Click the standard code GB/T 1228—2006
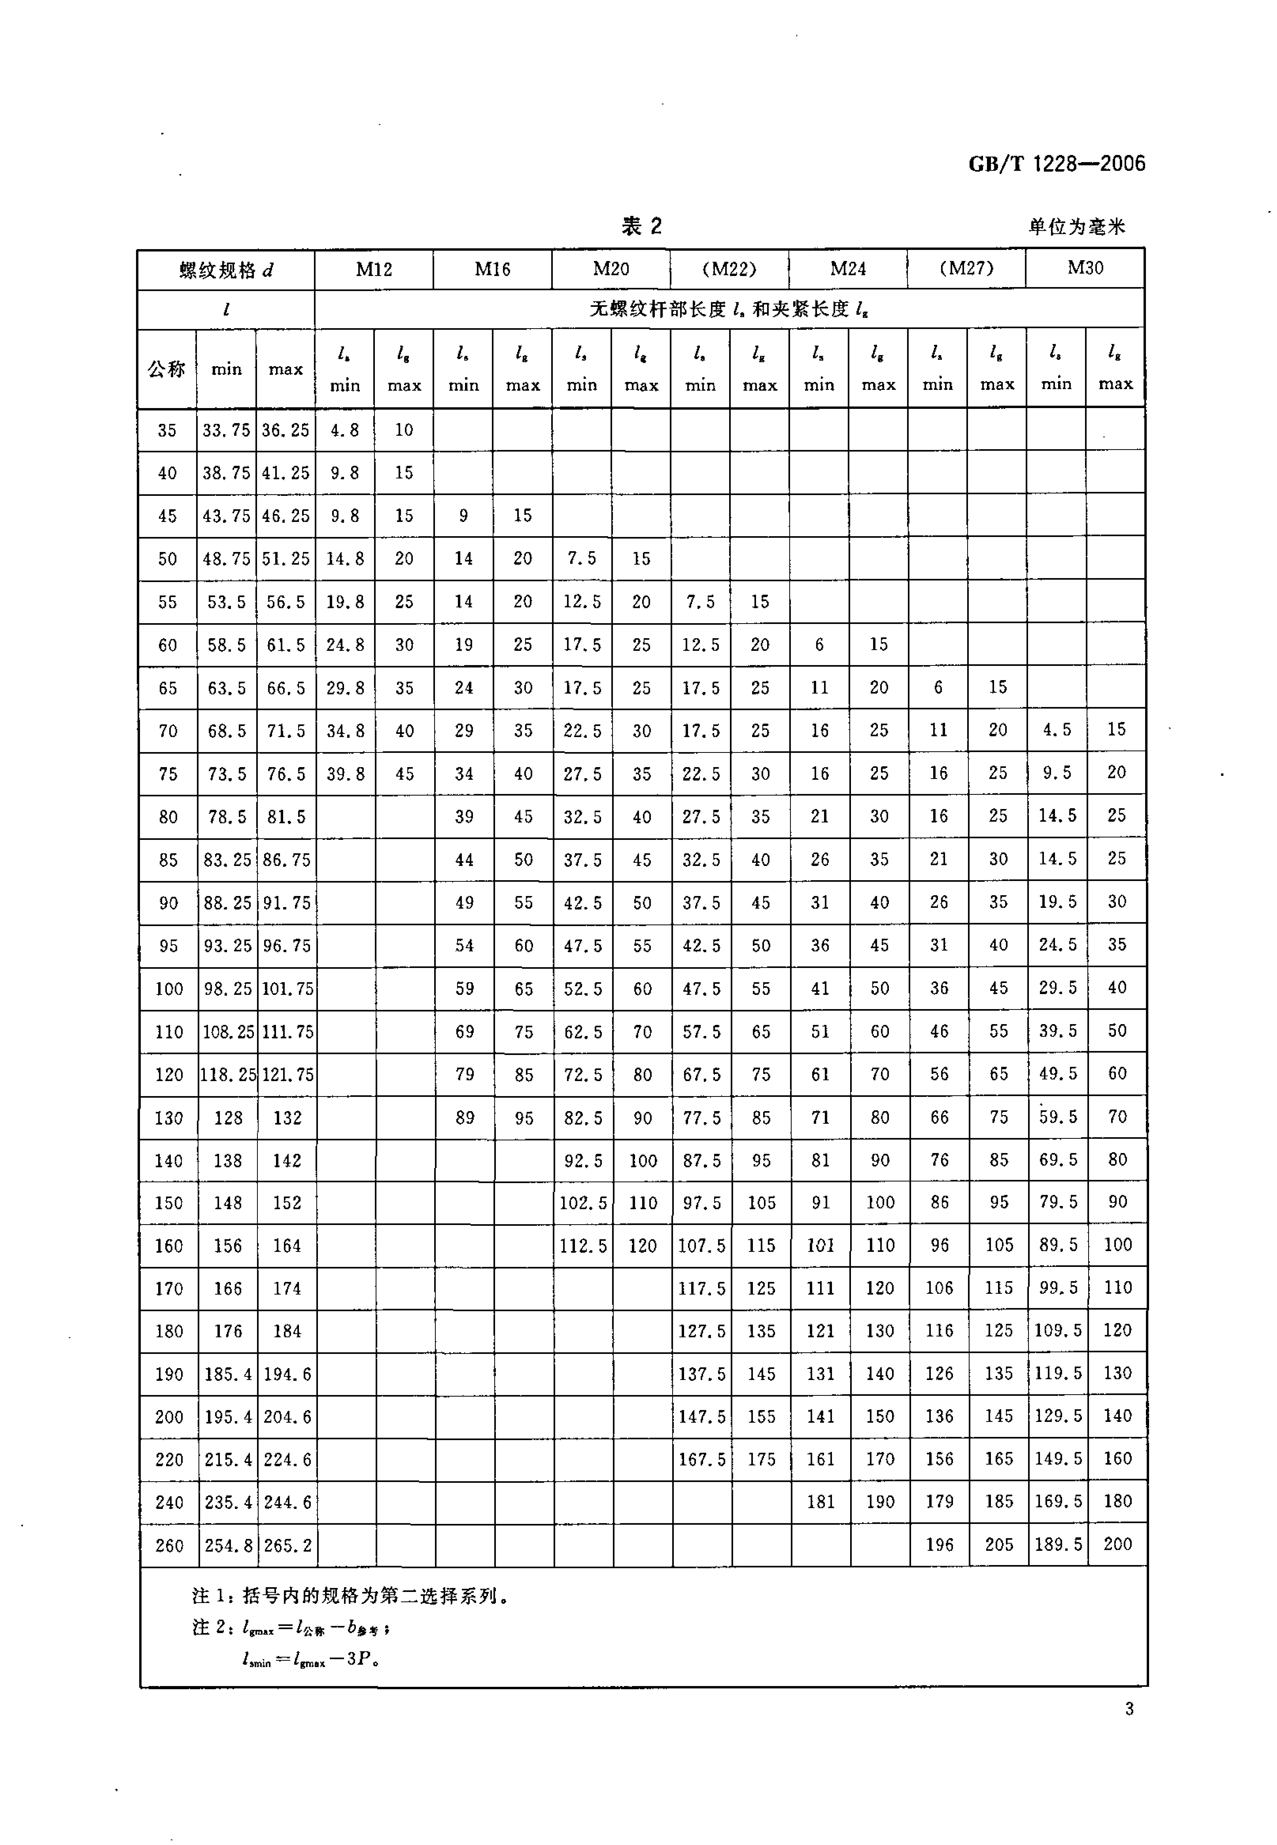[x=1056, y=164]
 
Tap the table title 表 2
[x=642, y=226]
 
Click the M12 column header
[x=374, y=269]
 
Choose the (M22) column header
[x=729, y=269]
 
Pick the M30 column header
[x=1085, y=268]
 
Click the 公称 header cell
[x=166, y=369]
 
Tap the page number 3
[x=1129, y=1709]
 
